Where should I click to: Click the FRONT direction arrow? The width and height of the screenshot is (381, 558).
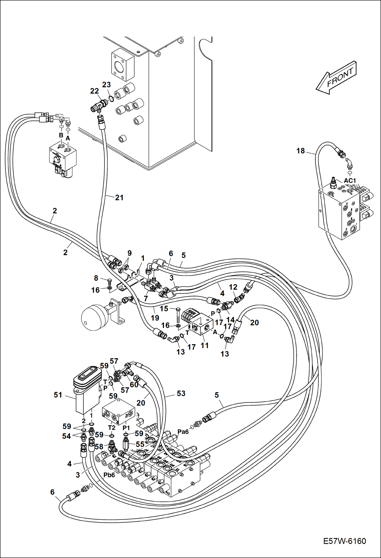[x=336, y=77]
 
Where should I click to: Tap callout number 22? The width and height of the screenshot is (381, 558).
[x=94, y=91]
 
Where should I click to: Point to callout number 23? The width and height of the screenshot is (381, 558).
[x=107, y=85]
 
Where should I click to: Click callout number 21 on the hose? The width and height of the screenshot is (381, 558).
[x=119, y=197]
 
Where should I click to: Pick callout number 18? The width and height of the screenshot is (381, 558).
[x=300, y=151]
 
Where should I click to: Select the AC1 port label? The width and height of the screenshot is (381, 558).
[x=350, y=181]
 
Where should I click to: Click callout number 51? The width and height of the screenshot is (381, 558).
[x=58, y=395]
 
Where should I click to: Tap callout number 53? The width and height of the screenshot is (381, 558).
[x=181, y=393]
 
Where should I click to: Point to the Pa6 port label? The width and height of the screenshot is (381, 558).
[x=183, y=432]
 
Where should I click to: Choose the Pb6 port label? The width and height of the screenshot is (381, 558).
[x=109, y=475]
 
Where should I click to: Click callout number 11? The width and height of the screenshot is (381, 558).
[x=204, y=345]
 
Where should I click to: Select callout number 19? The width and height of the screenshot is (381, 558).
[x=155, y=318]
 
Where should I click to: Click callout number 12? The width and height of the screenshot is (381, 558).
[x=233, y=287]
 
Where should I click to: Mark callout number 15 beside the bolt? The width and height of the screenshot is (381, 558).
[x=164, y=309]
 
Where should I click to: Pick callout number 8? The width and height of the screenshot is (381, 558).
[x=96, y=278]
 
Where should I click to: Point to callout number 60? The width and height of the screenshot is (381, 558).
[x=134, y=384]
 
